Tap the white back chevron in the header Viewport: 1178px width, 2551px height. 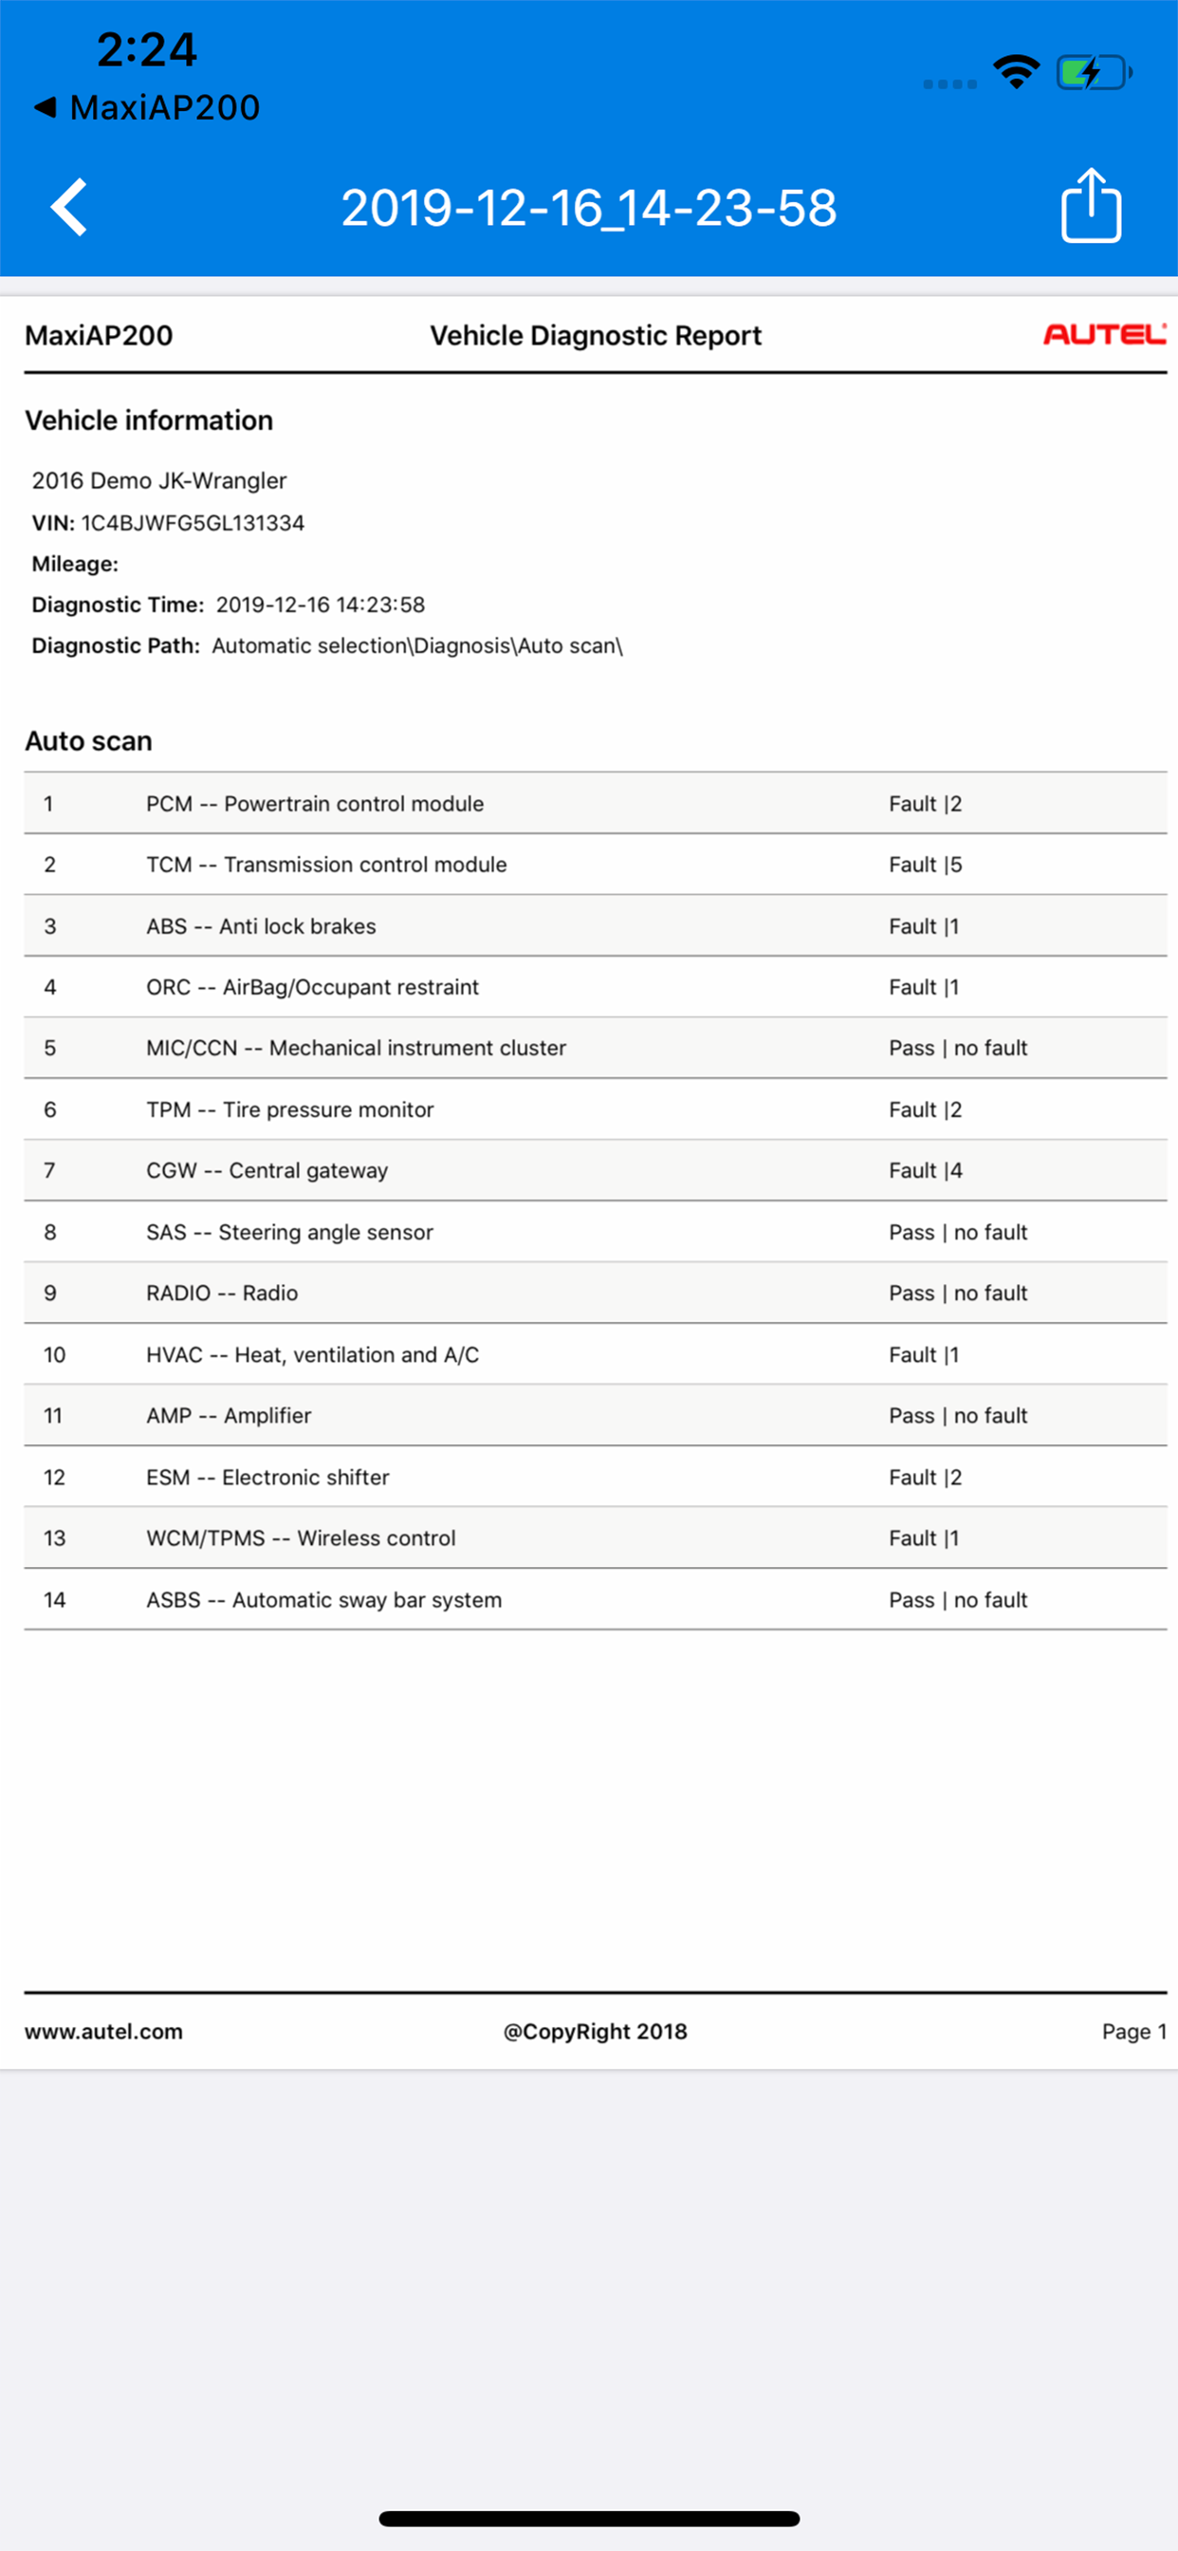point(69,207)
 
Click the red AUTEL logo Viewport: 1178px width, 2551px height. point(1104,335)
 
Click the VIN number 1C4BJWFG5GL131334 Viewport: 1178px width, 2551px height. point(193,523)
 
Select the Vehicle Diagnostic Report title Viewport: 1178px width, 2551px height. point(595,336)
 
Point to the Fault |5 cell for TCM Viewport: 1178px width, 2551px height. point(925,865)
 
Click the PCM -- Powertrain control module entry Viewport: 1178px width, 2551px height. point(315,803)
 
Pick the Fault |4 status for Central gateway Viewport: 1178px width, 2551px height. point(925,1170)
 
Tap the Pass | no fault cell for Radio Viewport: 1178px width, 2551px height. point(957,1294)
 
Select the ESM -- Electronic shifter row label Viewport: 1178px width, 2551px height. point(267,1478)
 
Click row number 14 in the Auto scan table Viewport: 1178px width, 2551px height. point(54,1599)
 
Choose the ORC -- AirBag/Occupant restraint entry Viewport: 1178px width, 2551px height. point(312,987)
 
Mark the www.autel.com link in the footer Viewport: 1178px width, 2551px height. point(104,2031)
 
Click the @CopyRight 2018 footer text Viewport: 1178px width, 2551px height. point(595,2031)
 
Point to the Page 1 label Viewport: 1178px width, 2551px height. point(1133,2031)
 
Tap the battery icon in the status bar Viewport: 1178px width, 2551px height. point(1093,72)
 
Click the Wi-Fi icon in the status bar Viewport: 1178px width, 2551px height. point(1016,72)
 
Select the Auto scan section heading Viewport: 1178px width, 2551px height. point(88,741)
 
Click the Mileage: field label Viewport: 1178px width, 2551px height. point(75,564)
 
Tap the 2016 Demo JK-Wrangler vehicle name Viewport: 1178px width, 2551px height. point(159,480)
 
